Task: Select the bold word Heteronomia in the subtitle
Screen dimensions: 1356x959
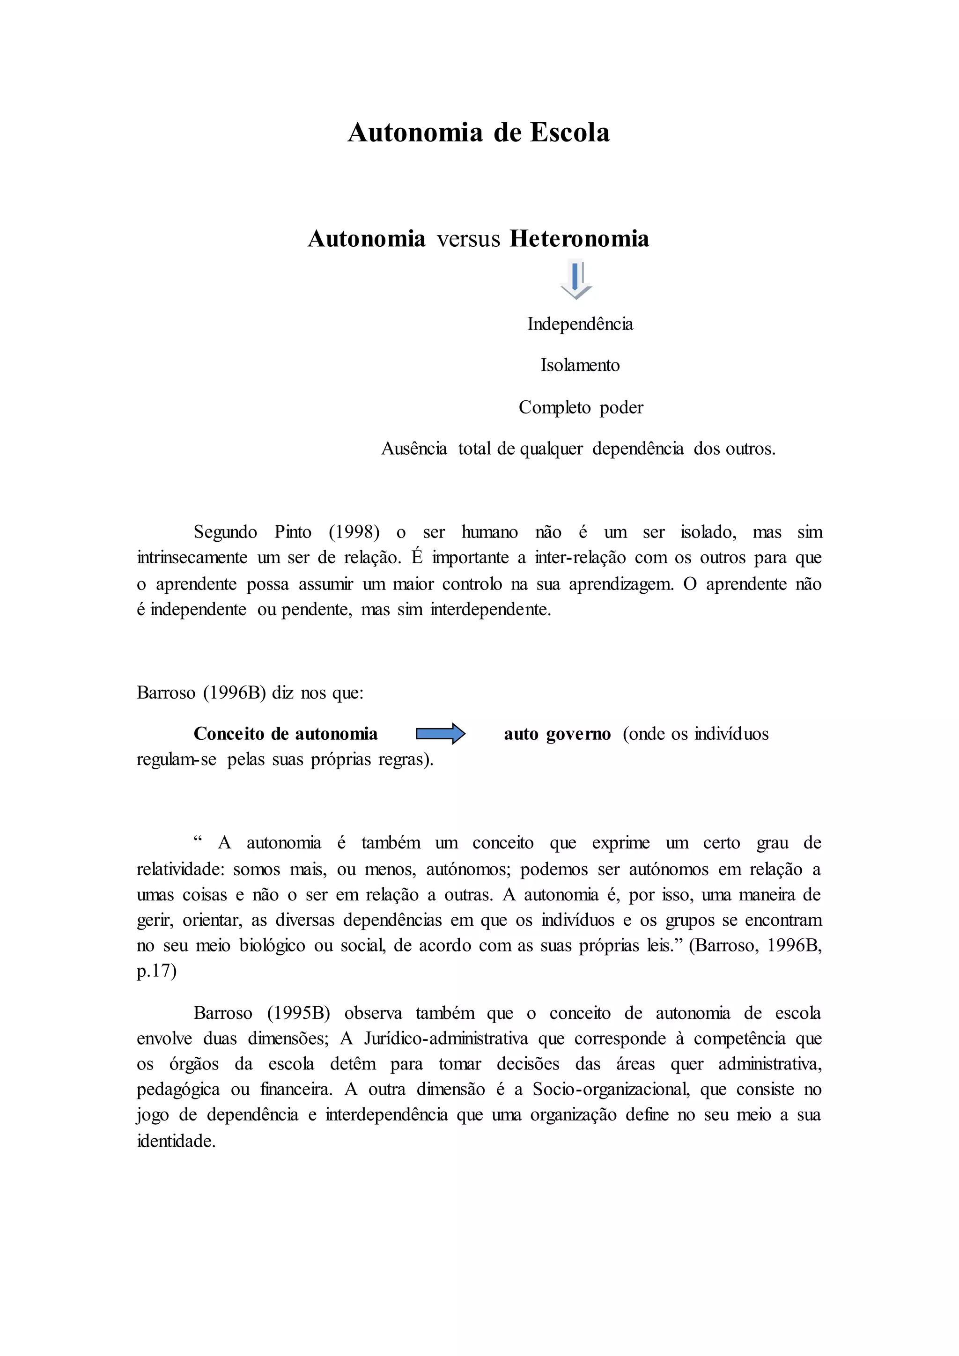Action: pyautogui.click(x=579, y=239)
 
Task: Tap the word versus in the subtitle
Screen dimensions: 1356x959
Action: pyautogui.click(x=468, y=239)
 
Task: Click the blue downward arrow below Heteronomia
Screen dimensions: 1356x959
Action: pyautogui.click(x=576, y=279)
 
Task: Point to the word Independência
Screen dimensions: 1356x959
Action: pyautogui.click(x=580, y=324)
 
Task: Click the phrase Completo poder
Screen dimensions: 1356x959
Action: pyautogui.click(x=581, y=407)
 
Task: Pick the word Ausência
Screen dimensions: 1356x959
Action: pyautogui.click(x=414, y=449)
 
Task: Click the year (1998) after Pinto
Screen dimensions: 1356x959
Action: pyautogui.click(x=354, y=532)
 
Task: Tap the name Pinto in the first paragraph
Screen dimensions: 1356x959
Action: pyautogui.click(x=293, y=532)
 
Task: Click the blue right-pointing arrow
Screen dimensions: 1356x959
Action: pyautogui.click(x=441, y=734)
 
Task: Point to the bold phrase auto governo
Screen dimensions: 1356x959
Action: pyautogui.click(x=557, y=734)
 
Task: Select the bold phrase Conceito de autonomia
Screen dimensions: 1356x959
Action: pyautogui.click(x=285, y=734)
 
